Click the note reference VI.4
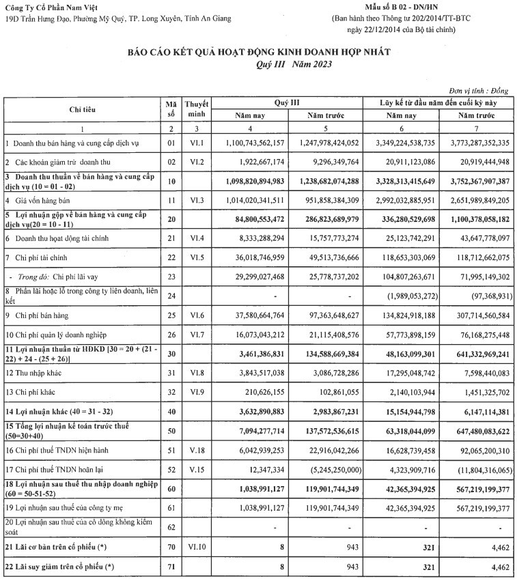tap(195, 239)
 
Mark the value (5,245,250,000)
tap(328, 470)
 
